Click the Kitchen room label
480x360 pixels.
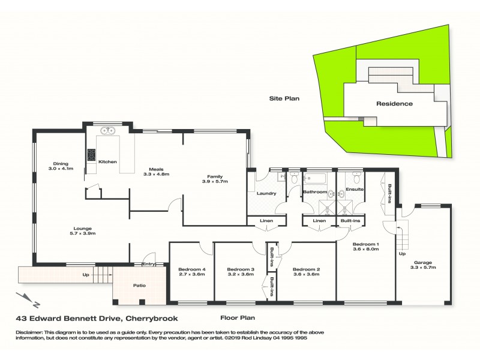[107, 161]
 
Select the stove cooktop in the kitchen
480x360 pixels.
[92, 155]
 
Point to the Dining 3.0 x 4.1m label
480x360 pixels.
[61, 166]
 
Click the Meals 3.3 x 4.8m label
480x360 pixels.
[157, 172]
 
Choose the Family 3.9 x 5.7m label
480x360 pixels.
[215, 178]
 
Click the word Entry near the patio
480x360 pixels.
[148, 263]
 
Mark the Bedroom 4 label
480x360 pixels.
[192, 272]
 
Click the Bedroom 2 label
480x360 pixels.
[305, 272]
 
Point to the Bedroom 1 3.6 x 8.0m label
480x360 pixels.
[365, 249]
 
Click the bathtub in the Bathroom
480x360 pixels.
[315, 178]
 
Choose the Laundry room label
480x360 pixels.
[266, 193]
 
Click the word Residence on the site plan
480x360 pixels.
[394, 103]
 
